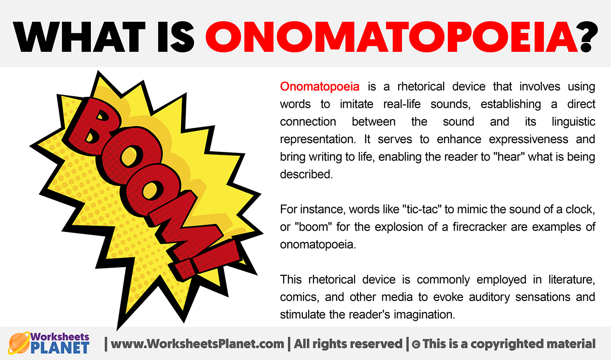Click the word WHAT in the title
(79, 37)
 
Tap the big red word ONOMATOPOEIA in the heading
(391, 37)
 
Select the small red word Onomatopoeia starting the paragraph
(320, 87)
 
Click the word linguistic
(573, 122)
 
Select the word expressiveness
(529, 139)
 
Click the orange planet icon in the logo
(18, 343)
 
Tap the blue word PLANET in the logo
(60, 348)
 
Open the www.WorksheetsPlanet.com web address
(197, 344)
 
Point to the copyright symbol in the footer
(416, 344)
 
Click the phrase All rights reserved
(348, 344)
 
